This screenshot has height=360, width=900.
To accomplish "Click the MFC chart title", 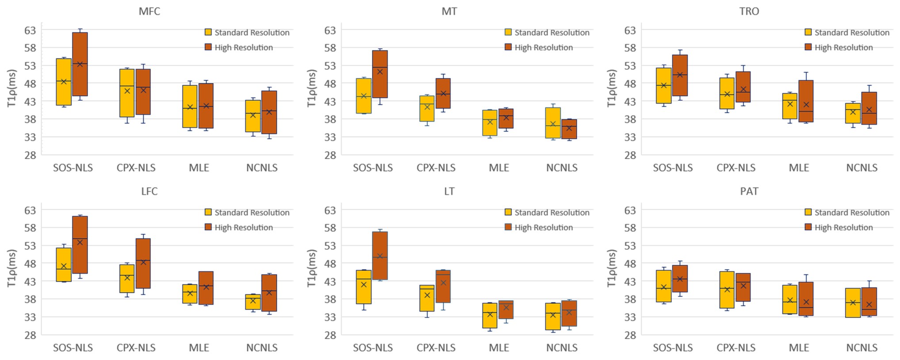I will click(149, 11).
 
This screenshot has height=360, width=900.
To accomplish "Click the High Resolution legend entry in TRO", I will click(843, 47).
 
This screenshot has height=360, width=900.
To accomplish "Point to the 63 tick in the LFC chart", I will click(31, 210).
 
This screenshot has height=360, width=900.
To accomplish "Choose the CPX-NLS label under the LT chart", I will click(436, 348).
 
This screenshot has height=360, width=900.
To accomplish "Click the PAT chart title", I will click(749, 191).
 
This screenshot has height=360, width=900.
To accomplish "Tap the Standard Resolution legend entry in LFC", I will click(252, 213).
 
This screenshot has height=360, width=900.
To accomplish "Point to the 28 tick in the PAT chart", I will click(630, 335).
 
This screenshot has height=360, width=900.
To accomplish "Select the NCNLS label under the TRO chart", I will click(862, 168).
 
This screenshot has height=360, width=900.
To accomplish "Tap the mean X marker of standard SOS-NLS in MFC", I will click(64, 81).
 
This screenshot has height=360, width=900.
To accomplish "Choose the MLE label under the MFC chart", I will click(199, 168).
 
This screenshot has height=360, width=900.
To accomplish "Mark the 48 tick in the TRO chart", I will click(630, 84).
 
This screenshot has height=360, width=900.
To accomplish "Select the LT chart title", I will click(449, 191).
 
